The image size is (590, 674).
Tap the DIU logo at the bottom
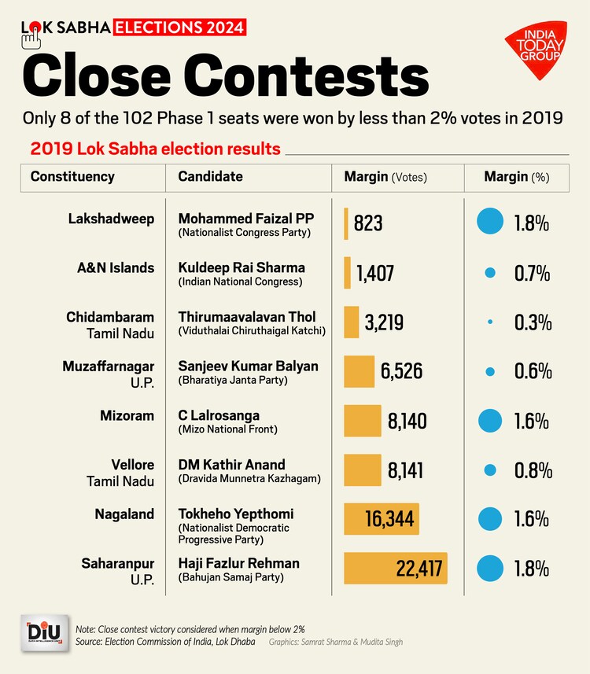coord(44,635)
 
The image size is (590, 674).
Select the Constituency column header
coord(72,177)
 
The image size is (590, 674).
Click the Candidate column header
coord(210,177)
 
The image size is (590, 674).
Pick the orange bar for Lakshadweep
coord(346,223)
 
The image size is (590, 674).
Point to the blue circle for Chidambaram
coord(490,322)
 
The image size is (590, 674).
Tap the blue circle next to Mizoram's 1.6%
coord(490,421)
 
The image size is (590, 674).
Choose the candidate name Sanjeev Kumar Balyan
coord(248,366)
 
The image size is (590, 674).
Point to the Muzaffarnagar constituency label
coord(108,366)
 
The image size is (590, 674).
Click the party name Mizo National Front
coord(228,429)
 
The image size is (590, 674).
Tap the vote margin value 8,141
coord(406,470)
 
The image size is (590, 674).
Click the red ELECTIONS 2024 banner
coord(180,28)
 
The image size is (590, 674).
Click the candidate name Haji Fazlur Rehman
coord(238,563)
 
